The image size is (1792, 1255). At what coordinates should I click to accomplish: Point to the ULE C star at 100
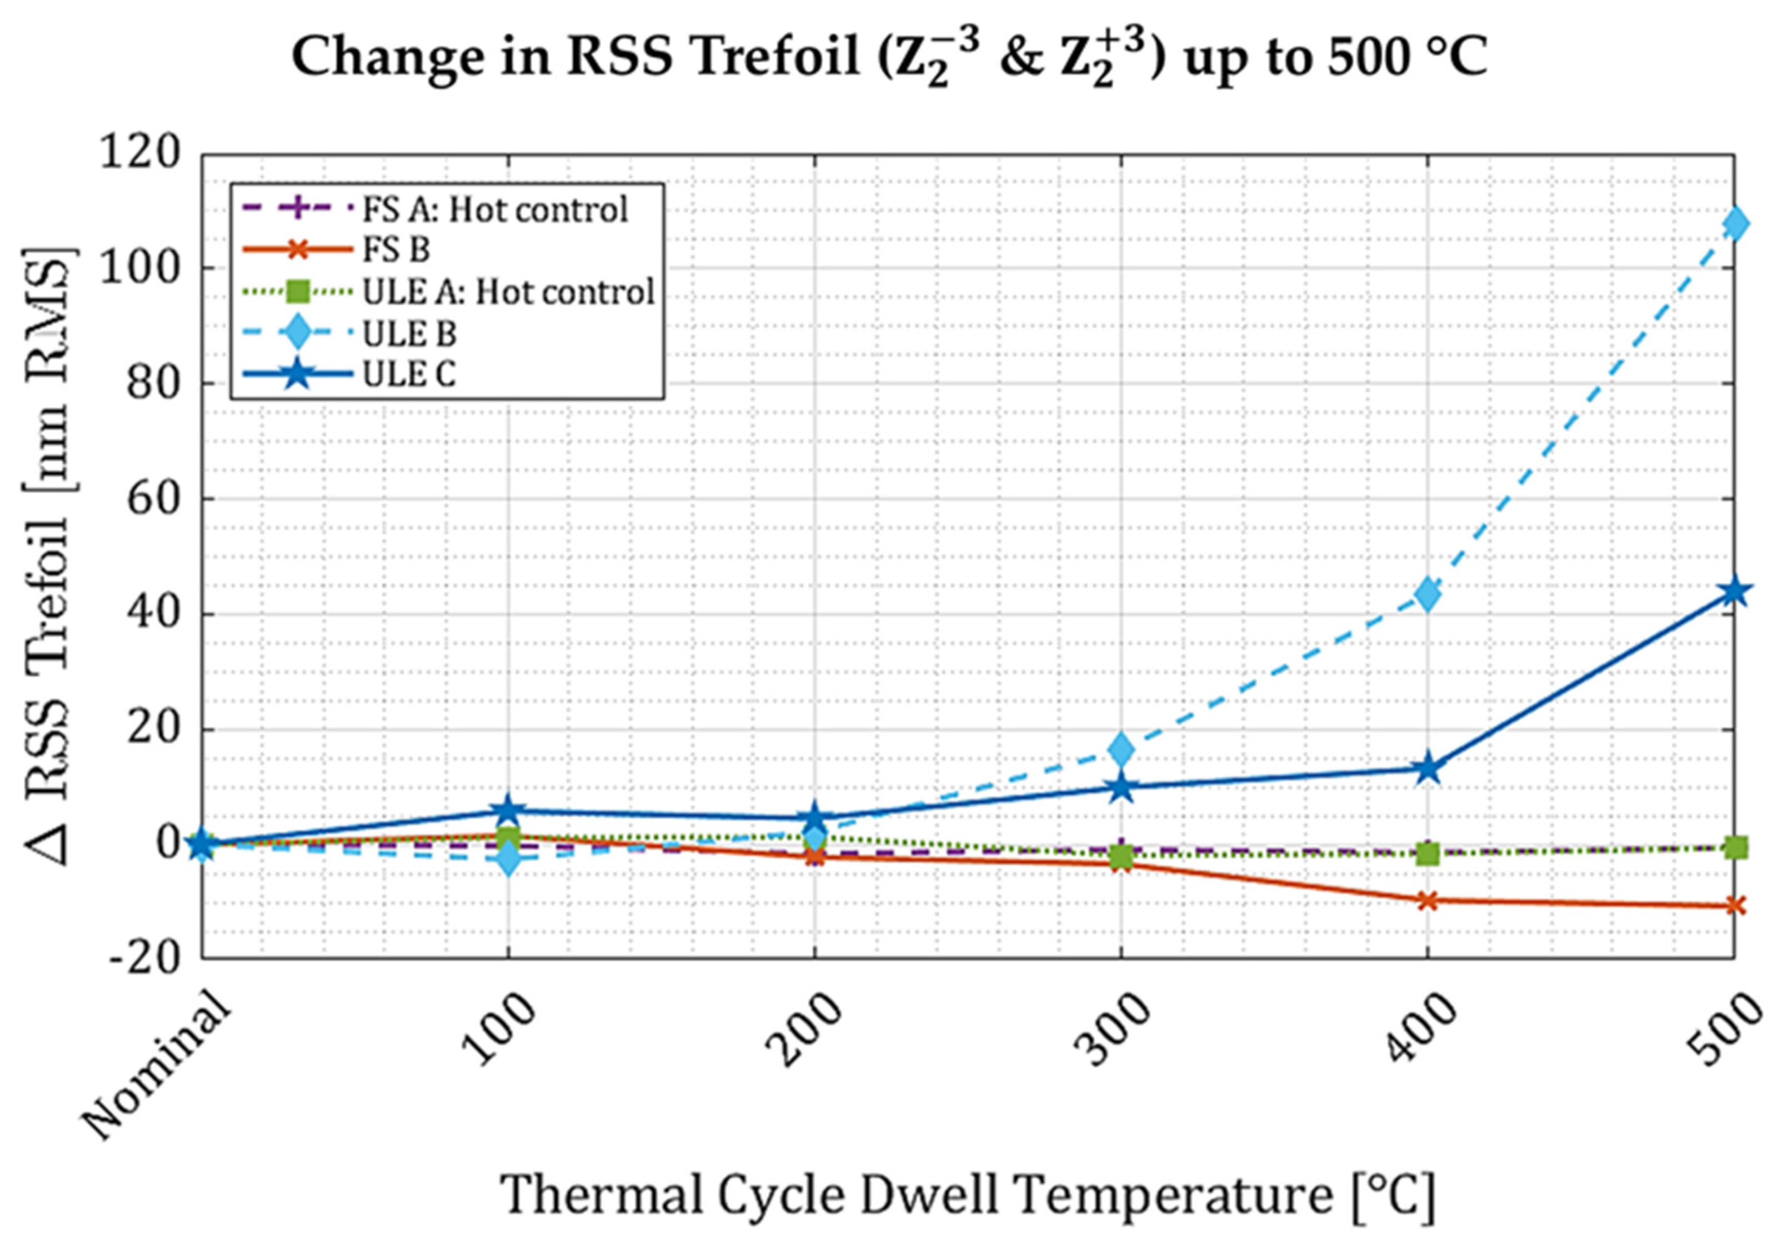pyautogui.click(x=508, y=811)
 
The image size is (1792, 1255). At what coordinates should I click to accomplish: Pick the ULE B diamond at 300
pyautogui.click(x=1121, y=749)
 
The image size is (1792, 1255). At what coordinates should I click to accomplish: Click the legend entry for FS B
pyautogui.click(x=397, y=250)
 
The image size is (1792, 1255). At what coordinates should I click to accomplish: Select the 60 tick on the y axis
pyautogui.click(x=153, y=499)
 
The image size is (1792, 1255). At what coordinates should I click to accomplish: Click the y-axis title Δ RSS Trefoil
pyautogui.click(x=50, y=554)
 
